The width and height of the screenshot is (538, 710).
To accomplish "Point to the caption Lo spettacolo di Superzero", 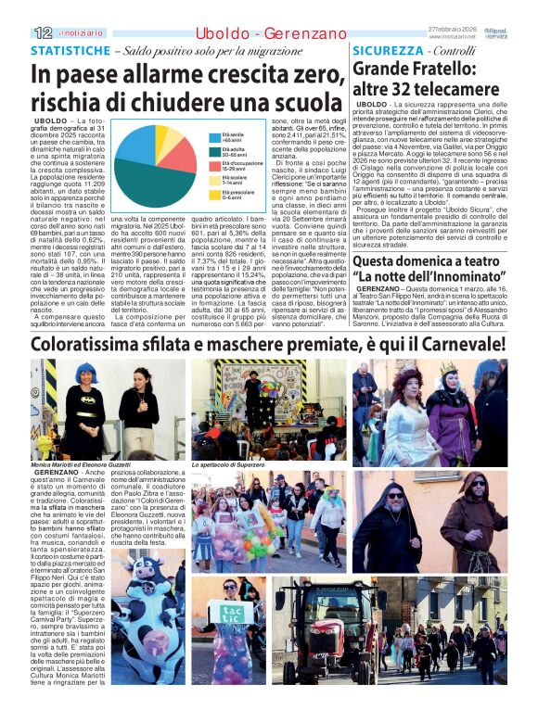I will pyautogui.click(x=228, y=463).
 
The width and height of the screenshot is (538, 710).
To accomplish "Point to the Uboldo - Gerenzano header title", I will pyautogui.click(x=268, y=33).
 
